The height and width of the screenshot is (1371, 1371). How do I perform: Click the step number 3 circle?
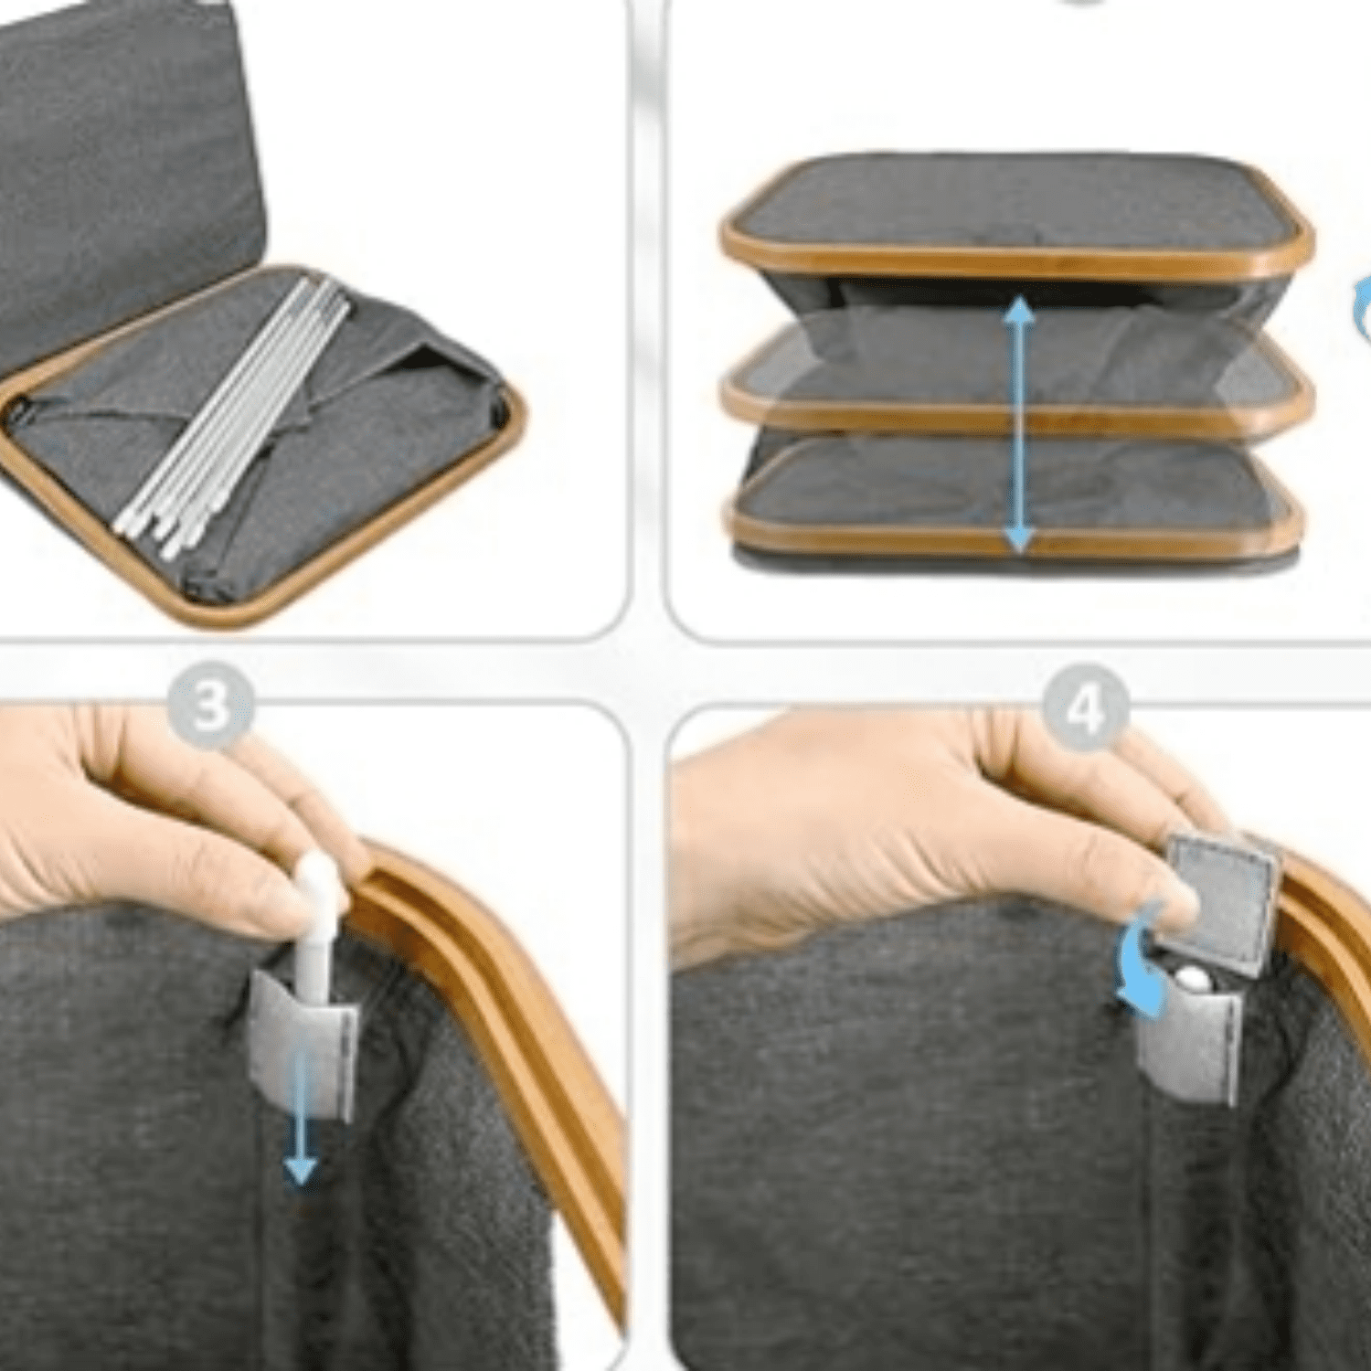click(x=210, y=706)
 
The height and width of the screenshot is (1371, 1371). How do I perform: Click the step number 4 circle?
click(x=1086, y=708)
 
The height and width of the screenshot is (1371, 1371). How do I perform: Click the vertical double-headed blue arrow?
click(x=1019, y=425)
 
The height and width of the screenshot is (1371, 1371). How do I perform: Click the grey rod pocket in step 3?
click(x=303, y=1042)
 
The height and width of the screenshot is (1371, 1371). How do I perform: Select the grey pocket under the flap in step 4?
click(x=1188, y=1042)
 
